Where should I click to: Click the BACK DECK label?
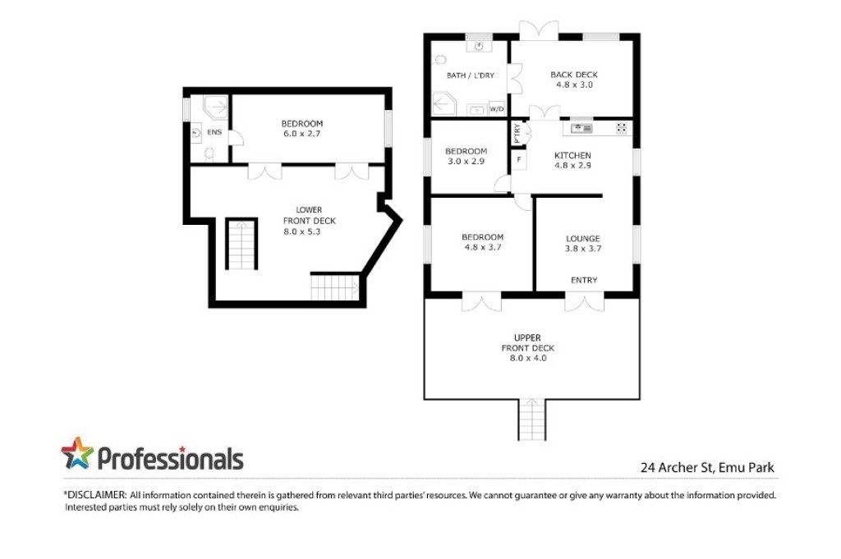click(x=574, y=75)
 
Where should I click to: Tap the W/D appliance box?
click(x=497, y=109)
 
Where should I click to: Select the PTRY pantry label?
click(x=517, y=133)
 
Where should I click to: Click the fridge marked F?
click(x=519, y=160)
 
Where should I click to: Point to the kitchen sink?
click(x=581, y=128)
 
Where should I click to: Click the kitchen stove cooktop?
click(x=621, y=127)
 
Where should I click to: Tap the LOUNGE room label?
click(x=583, y=239)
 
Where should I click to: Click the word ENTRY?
click(x=584, y=280)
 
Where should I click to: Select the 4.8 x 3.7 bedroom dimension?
click(x=483, y=247)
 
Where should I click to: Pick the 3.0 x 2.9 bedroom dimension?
click(x=466, y=161)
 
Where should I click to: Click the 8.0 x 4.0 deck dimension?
click(x=528, y=358)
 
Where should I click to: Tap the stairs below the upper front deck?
click(x=532, y=419)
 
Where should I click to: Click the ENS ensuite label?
click(x=214, y=132)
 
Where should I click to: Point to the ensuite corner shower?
click(x=215, y=106)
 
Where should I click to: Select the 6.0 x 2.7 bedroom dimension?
click(x=302, y=134)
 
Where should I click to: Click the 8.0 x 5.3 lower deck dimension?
click(x=302, y=231)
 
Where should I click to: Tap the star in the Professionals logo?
click(x=77, y=453)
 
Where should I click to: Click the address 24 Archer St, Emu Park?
click(x=707, y=467)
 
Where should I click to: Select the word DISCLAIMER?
click(x=97, y=495)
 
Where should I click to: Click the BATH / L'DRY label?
click(x=471, y=76)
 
